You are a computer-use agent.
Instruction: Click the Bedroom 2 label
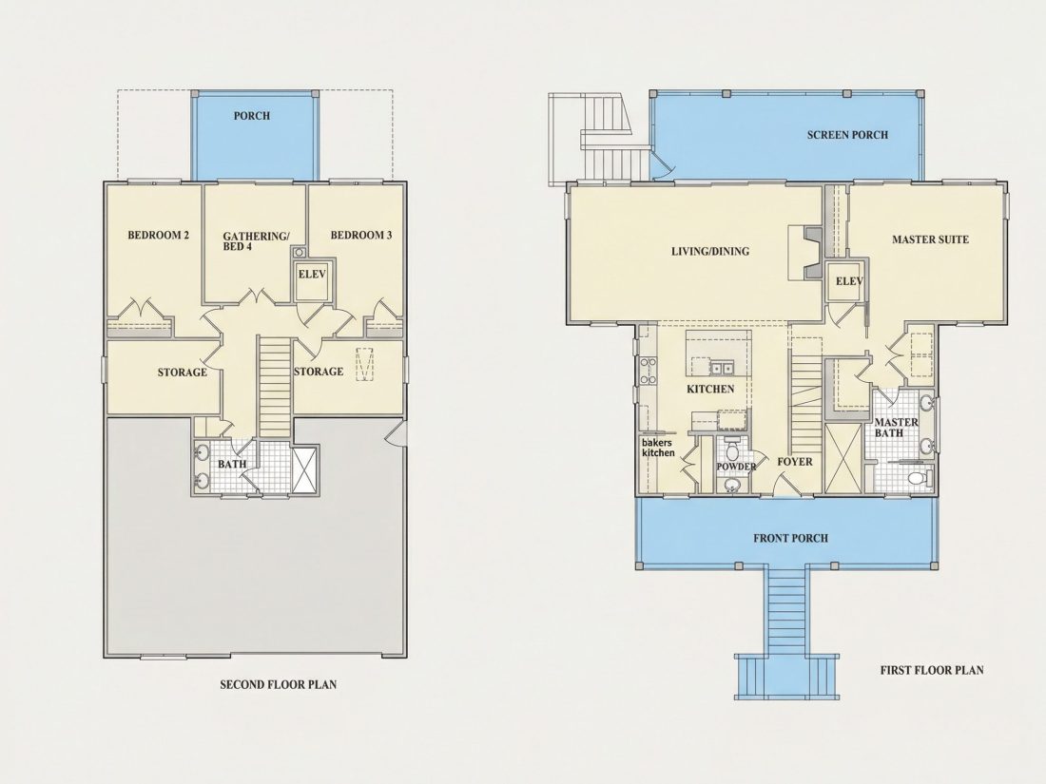(158, 235)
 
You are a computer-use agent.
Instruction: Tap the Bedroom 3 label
(361, 235)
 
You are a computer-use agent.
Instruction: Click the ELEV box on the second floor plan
(312, 278)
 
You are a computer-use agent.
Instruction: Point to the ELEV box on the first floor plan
(848, 281)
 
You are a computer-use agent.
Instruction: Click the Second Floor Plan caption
(279, 684)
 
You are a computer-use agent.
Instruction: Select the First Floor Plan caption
(931, 670)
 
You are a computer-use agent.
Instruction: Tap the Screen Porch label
(847, 135)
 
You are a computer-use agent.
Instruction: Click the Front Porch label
(790, 538)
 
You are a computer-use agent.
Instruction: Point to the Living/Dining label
(709, 251)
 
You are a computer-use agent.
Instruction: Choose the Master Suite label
(930, 239)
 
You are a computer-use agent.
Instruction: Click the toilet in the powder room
(731, 445)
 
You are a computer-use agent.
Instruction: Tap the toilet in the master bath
(919, 478)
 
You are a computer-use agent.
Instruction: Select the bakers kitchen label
(658, 448)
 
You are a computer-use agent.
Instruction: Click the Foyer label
(795, 461)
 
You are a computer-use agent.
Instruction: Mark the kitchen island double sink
(721, 368)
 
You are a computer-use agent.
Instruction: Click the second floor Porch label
(251, 115)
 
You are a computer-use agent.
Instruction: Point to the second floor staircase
(275, 387)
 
